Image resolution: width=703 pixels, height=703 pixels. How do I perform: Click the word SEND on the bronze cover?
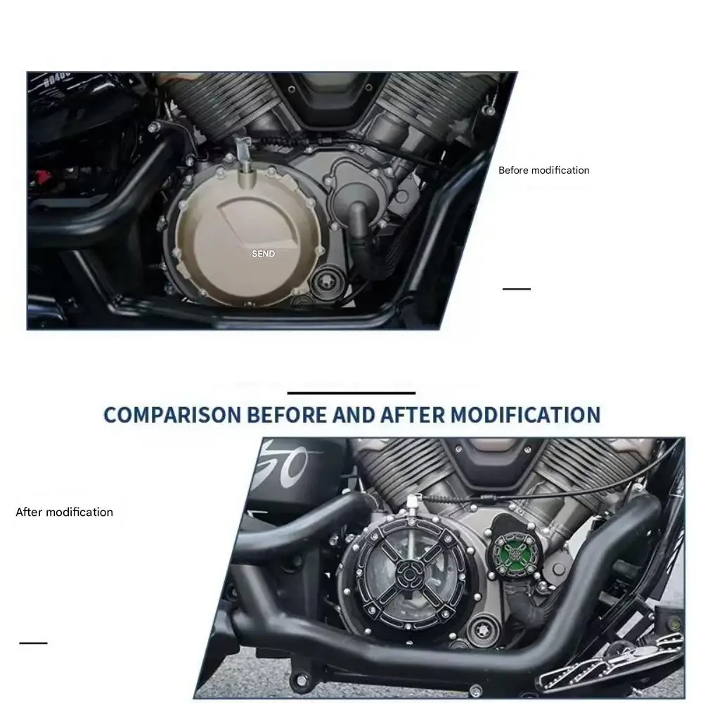tap(263, 254)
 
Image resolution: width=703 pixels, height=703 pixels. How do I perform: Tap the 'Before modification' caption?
tap(544, 170)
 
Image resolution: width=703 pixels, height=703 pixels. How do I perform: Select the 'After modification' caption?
tap(64, 512)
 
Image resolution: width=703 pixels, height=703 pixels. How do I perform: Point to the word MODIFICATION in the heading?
tap(525, 415)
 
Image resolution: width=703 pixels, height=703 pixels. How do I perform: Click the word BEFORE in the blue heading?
tap(287, 415)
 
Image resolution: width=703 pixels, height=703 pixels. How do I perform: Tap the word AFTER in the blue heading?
tap(413, 415)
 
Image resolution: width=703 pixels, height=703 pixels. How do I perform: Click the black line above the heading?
tap(351, 393)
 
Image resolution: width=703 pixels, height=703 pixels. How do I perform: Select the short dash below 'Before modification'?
tap(517, 289)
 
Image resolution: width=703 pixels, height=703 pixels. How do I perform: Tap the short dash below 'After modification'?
tap(33, 643)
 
